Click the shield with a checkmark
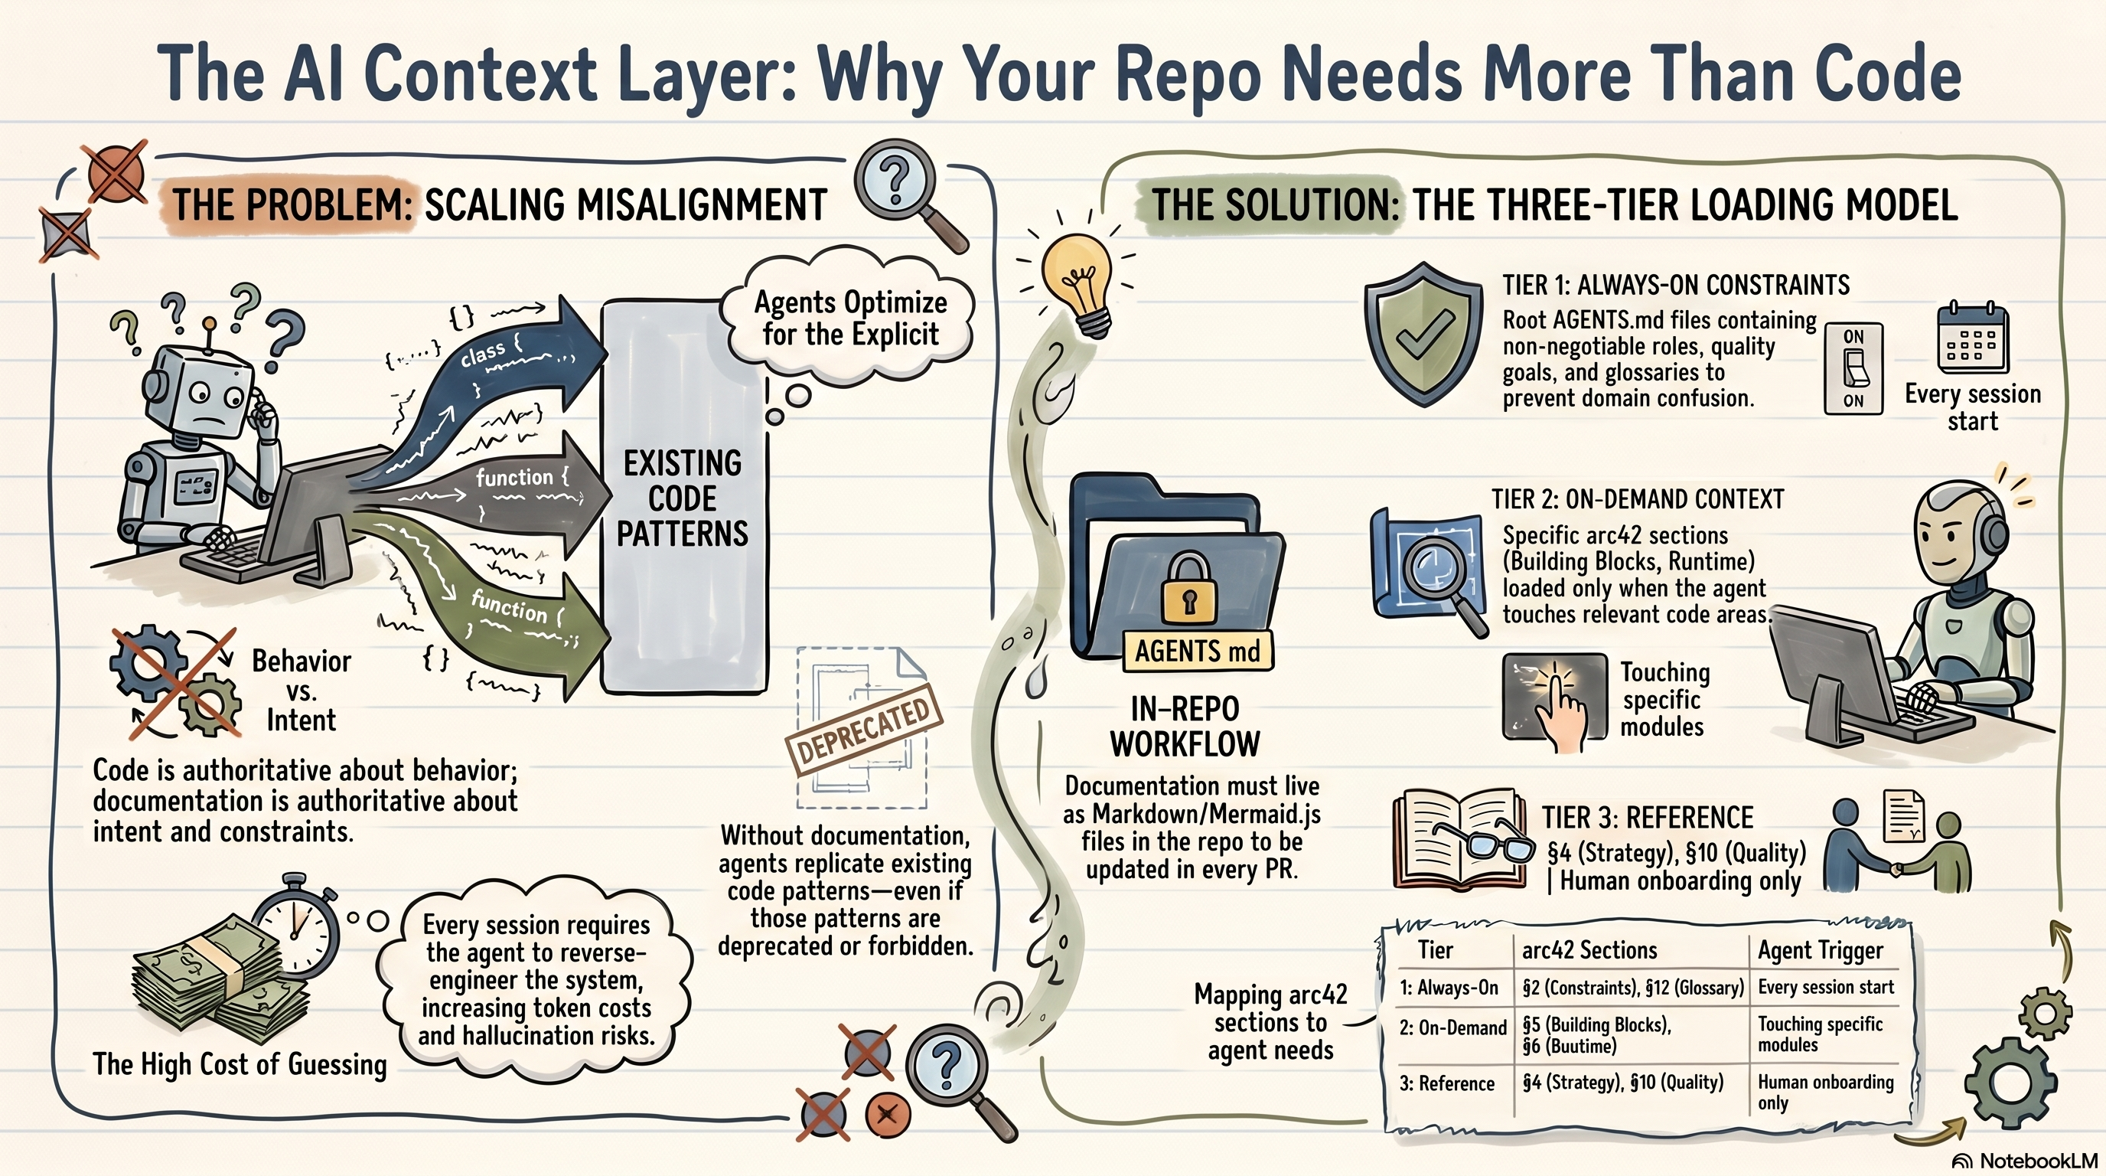[x=1423, y=335]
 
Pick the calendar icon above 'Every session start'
[x=1973, y=337]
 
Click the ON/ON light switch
[x=1853, y=369]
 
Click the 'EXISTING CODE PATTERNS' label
[x=683, y=498]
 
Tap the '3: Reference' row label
[x=1446, y=1083]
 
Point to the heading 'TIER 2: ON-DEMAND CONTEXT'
[x=1638, y=500]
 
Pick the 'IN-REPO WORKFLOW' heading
[x=1185, y=727]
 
